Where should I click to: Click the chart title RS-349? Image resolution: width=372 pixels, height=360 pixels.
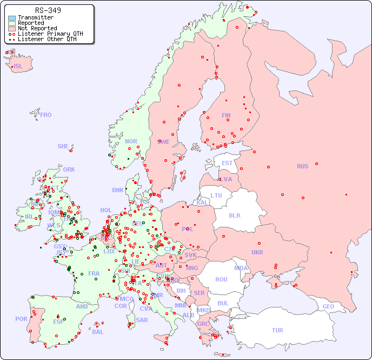(48, 10)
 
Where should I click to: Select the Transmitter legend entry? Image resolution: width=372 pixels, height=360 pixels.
(35, 18)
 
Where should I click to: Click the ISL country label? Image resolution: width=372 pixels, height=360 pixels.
(18, 67)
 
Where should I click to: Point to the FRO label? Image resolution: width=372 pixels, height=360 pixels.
(46, 115)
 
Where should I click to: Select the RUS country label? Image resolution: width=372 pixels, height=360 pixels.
(302, 166)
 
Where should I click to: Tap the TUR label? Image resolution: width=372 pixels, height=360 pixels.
(277, 330)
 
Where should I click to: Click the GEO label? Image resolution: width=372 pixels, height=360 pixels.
(328, 306)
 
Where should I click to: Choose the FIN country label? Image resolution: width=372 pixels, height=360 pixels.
(226, 115)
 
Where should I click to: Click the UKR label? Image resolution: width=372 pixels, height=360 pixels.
(257, 252)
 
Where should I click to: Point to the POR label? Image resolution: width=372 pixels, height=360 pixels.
(21, 319)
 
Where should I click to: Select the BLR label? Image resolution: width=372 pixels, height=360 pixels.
(235, 215)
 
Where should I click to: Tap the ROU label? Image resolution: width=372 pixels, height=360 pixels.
(221, 279)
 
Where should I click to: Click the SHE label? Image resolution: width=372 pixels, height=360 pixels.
(63, 146)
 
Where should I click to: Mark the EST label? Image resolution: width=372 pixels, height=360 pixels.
(227, 163)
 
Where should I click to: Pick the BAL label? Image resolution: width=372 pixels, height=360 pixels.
(97, 332)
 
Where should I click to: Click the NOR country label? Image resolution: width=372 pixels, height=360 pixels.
(131, 141)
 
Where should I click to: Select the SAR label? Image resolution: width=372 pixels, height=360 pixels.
(142, 320)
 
